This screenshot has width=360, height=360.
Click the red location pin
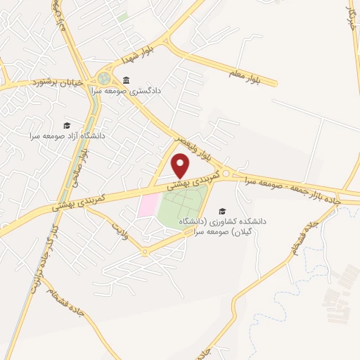(x=181, y=166)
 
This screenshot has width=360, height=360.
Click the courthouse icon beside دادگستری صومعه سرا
(x=126, y=79)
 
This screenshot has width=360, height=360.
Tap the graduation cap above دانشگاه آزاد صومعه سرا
(x=66, y=124)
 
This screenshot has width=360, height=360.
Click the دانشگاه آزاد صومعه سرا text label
(x=67, y=134)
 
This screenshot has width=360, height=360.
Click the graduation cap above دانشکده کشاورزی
(x=222, y=210)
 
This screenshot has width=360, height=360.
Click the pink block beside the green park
(x=148, y=206)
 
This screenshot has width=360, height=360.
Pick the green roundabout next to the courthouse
(x=105, y=78)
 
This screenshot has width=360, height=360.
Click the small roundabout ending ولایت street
(x=144, y=252)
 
